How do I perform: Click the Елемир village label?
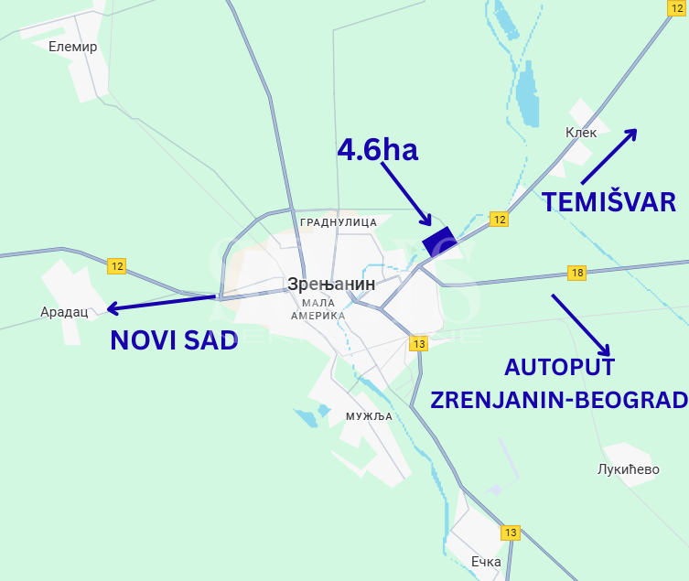coord(73,47)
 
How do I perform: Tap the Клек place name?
coord(581,133)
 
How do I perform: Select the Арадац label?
coord(64,312)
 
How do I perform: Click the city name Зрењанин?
coord(330,285)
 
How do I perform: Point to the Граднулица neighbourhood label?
coord(339,222)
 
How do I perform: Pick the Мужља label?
coord(369,416)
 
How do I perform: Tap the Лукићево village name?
coord(628,469)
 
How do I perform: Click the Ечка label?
coord(486,562)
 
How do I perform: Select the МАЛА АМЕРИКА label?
coord(318,309)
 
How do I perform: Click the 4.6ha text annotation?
coord(378,150)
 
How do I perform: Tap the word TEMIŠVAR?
coord(608,202)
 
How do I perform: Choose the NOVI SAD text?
coord(174,339)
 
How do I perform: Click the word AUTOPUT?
coord(559,367)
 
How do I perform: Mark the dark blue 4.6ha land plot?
coord(438,242)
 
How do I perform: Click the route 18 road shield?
coord(576,273)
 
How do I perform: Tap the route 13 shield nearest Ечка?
coord(510,533)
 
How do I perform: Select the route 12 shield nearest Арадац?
coord(116,266)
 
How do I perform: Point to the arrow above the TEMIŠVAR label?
coord(608,156)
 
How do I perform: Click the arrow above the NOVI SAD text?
coord(162,303)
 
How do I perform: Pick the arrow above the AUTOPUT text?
coord(580,324)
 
